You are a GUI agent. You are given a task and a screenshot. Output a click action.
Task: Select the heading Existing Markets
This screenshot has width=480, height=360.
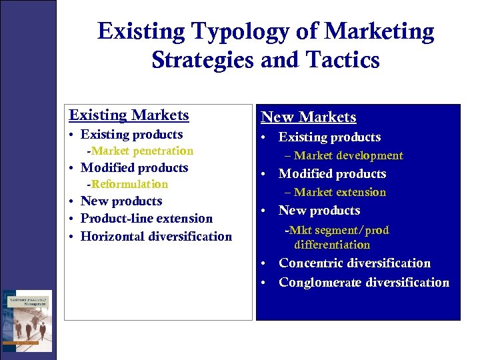pyautogui.click(x=129, y=115)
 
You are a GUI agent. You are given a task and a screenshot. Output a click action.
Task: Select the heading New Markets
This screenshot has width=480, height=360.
pyautogui.click(x=309, y=117)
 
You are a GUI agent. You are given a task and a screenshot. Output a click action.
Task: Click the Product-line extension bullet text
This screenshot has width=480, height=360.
pyautogui.click(x=147, y=219)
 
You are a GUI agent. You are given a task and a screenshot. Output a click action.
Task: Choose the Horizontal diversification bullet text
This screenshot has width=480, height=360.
pyautogui.click(x=156, y=237)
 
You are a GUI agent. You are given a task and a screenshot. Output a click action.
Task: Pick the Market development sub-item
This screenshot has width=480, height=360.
pyautogui.click(x=344, y=156)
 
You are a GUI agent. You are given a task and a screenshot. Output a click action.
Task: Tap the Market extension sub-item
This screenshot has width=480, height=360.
pyautogui.click(x=335, y=193)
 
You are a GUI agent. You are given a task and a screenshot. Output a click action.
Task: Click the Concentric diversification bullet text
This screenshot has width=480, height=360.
pyautogui.click(x=355, y=263)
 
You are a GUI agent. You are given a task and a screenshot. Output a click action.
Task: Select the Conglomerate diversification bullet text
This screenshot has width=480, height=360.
pyautogui.click(x=364, y=283)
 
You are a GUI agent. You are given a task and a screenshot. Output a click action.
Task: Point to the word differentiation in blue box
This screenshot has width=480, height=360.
pyautogui.click(x=332, y=245)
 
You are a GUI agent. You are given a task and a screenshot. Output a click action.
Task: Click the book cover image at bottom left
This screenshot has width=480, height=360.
pyautogui.click(x=27, y=321)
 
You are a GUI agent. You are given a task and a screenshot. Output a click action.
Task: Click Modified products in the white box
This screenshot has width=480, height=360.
pyautogui.click(x=134, y=168)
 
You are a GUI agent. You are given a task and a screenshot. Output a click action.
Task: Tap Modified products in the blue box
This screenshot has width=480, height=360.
pyautogui.click(x=332, y=174)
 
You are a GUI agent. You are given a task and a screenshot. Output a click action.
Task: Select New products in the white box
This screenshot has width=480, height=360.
pyautogui.click(x=121, y=201)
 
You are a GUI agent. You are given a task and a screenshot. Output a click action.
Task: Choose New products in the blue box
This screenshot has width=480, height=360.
pyautogui.click(x=319, y=211)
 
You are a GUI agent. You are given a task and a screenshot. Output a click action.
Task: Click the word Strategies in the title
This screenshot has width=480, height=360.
pyautogui.click(x=203, y=60)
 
